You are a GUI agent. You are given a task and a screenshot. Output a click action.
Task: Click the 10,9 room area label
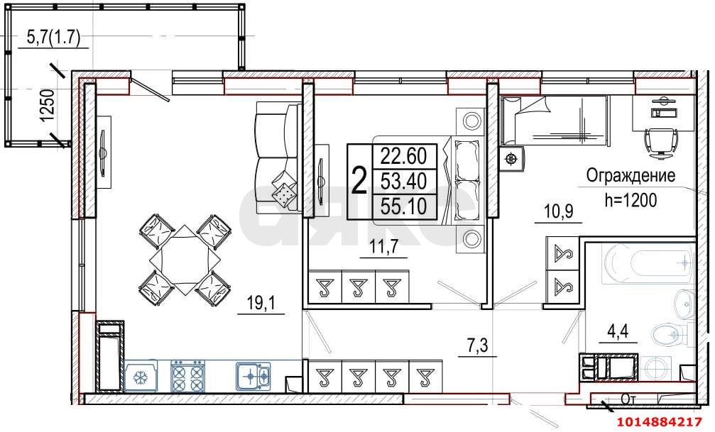(558, 211)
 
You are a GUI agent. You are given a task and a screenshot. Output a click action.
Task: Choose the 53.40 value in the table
(403, 182)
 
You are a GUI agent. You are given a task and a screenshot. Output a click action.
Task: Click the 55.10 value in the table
(403, 206)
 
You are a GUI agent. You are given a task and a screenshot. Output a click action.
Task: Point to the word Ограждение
(631, 176)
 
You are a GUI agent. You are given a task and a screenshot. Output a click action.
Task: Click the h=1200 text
(631, 200)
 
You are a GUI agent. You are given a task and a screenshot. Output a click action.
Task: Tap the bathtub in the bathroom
(647, 265)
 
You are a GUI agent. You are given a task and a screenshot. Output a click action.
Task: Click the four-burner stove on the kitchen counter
(188, 375)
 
